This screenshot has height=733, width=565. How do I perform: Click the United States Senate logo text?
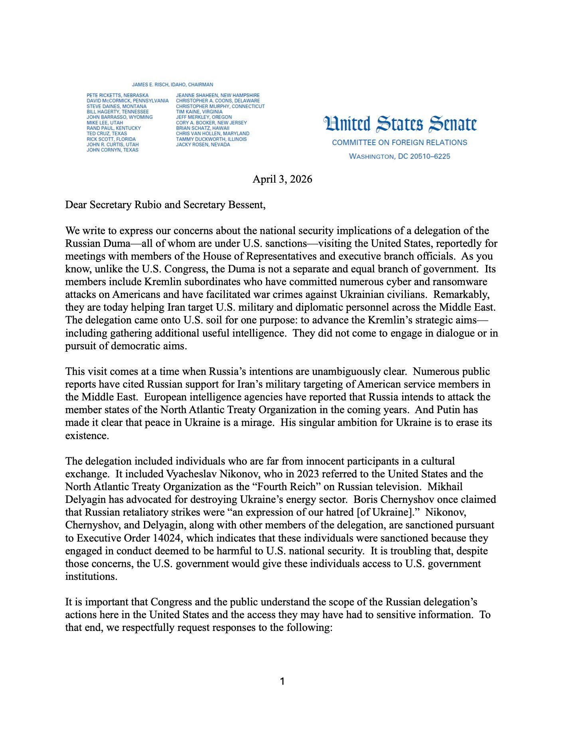coord(400,124)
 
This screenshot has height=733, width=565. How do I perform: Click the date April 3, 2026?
coord(282,179)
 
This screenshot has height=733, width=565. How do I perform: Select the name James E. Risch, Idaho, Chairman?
coord(172,85)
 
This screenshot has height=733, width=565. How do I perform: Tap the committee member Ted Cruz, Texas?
coord(107,134)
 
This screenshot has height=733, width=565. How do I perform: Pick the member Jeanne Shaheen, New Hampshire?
coord(217,95)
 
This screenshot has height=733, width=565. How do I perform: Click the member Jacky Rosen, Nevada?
coord(203,145)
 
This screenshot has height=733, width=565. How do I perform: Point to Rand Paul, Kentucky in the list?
coord(113,128)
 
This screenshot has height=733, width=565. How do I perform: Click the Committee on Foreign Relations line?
coord(399,142)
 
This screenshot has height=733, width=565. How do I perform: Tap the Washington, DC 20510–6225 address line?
coord(399,156)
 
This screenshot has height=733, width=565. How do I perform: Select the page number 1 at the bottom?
coord(282,682)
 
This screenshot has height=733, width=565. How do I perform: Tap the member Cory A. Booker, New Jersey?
coord(211,123)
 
